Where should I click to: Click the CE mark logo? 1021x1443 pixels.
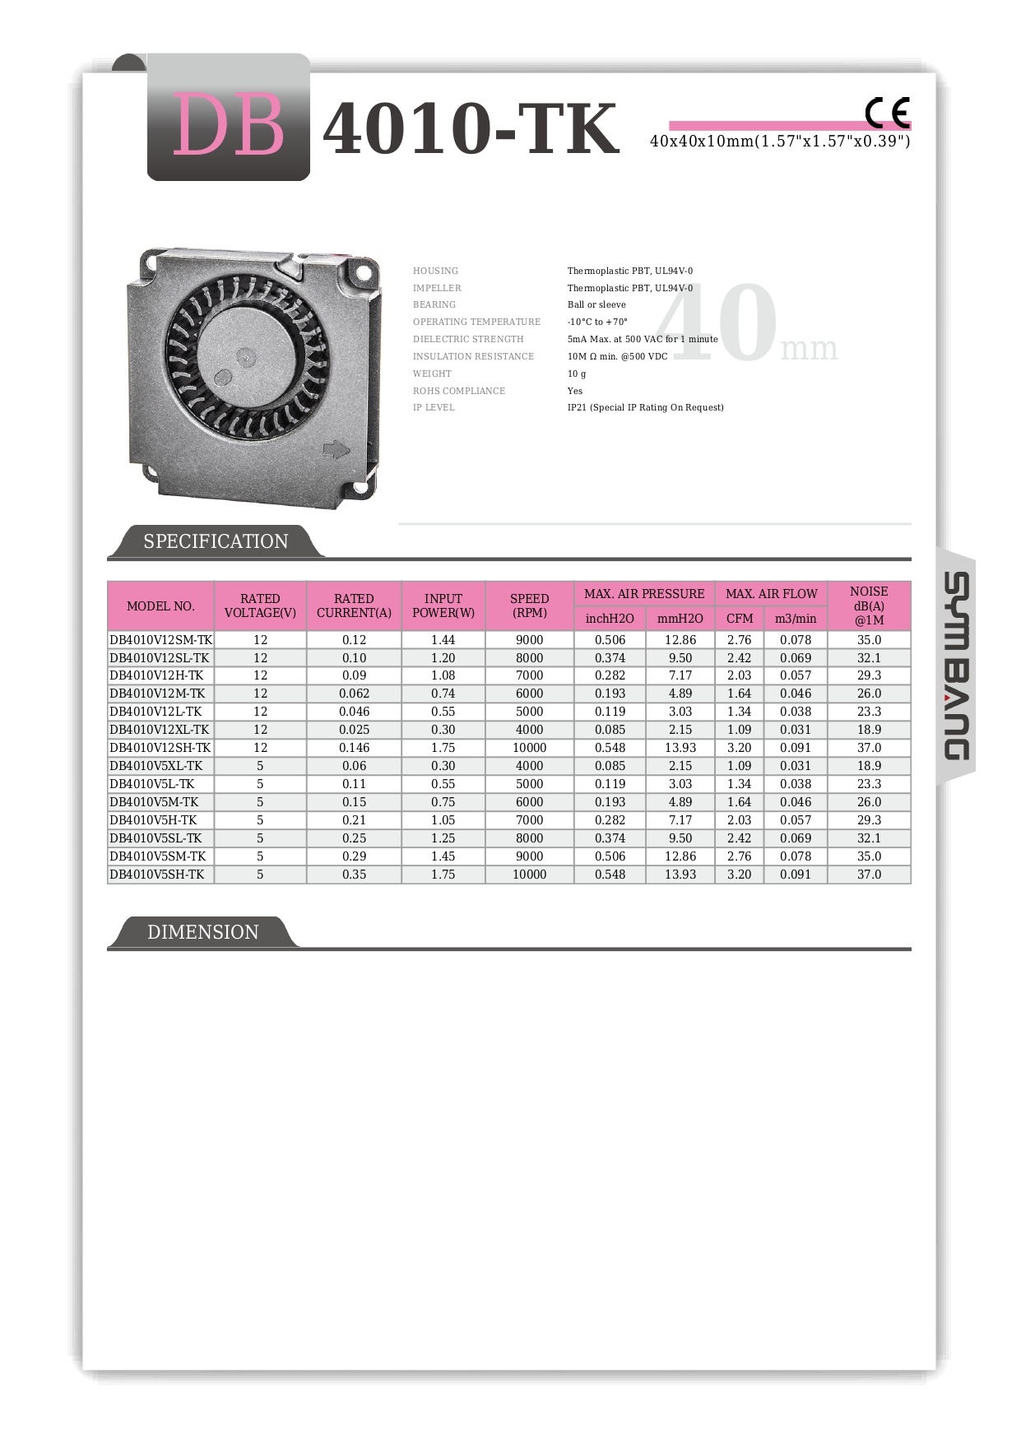[887, 113]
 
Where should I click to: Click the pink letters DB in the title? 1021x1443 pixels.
[228, 126]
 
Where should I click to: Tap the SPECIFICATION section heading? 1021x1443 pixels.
[216, 541]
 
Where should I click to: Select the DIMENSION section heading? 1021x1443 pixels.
[202, 932]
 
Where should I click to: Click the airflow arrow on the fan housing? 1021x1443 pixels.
[336, 449]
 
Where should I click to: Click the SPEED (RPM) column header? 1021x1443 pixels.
[529, 606]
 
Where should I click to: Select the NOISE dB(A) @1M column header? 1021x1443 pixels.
[869, 606]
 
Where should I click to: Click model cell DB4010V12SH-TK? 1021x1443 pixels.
[160, 748]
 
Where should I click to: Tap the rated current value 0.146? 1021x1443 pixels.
[354, 748]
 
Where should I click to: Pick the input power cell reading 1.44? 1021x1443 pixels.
[443, 640]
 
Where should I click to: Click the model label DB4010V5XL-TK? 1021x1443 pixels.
[156, 766]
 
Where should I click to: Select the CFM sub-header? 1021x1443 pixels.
[740, 619]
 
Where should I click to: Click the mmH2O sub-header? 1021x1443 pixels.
[680, 619]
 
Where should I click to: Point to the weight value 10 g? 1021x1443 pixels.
[577, 374]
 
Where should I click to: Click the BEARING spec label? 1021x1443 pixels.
[434, 304]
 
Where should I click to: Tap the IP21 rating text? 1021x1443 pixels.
[645, 407]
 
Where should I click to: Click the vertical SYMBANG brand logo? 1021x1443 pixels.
[955, 666]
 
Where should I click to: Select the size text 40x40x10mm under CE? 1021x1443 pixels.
[780, 142]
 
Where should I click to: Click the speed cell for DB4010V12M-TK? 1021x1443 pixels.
[529, 694]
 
